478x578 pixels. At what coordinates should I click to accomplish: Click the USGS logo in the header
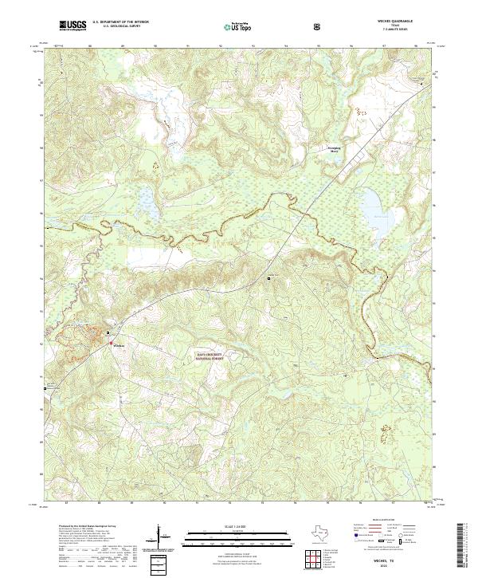pos(73,26)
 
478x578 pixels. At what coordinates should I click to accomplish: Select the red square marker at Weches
pos(111,341)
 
